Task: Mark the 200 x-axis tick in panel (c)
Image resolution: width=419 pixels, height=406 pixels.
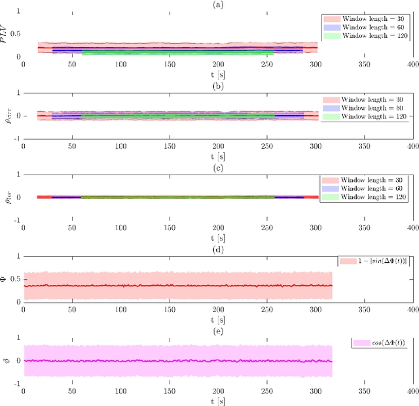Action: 219,228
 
